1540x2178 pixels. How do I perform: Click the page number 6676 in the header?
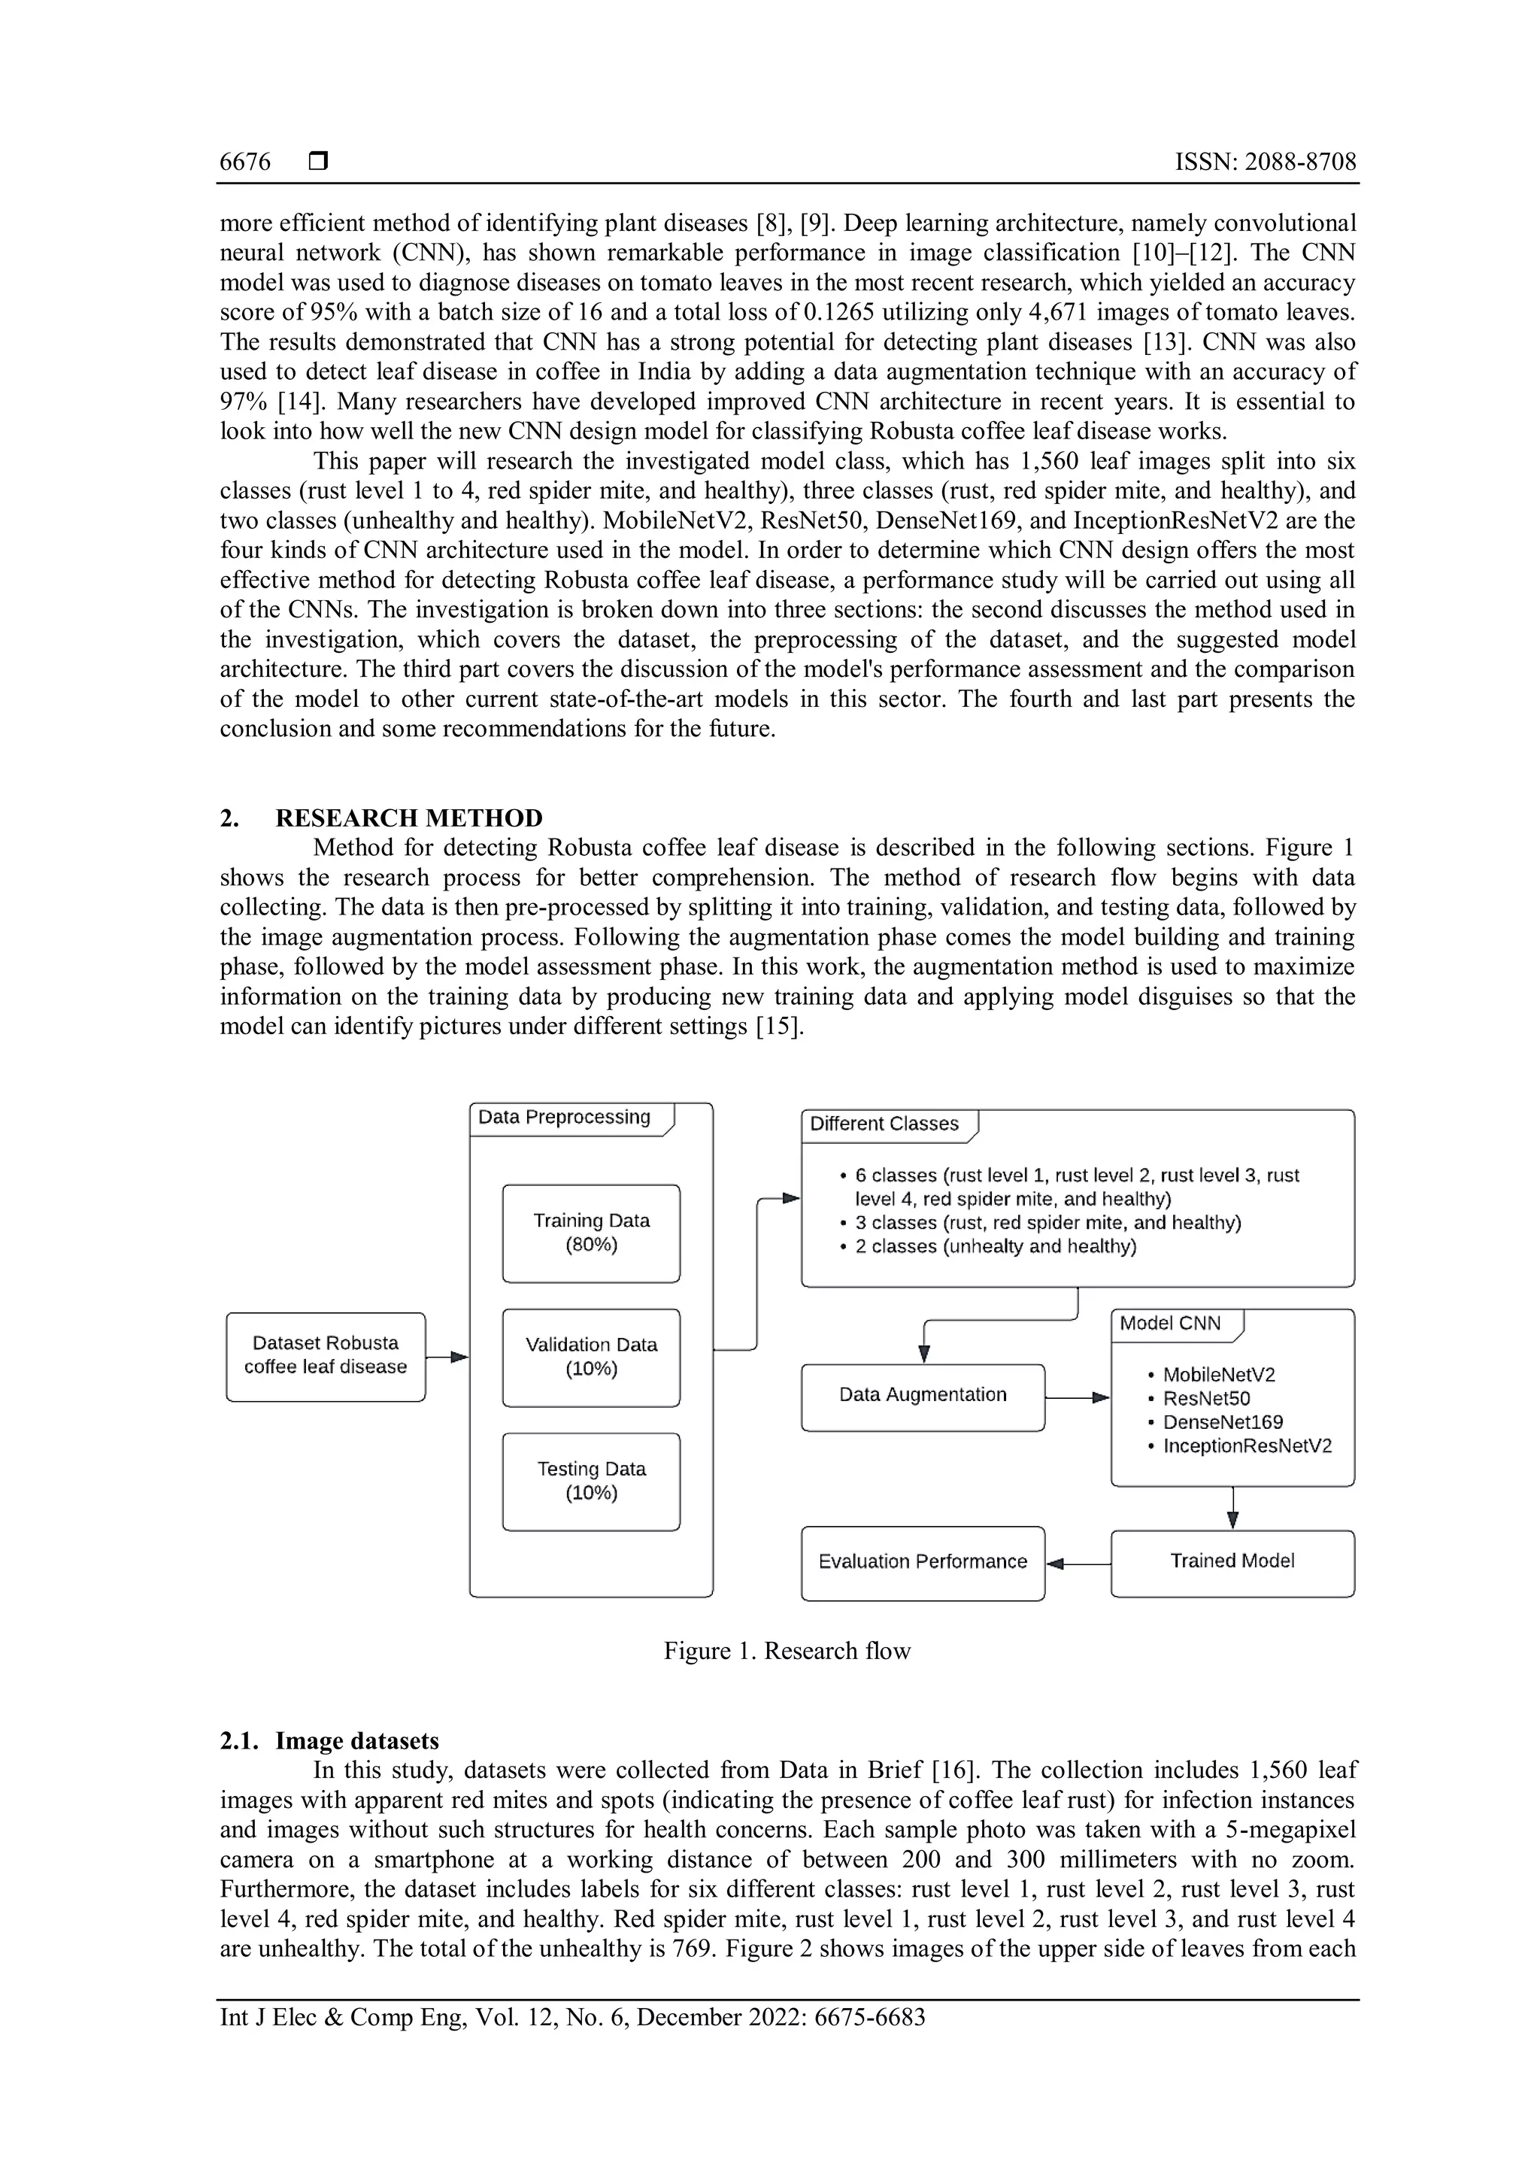click(244, 162)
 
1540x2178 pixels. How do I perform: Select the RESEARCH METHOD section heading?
click(409, 818)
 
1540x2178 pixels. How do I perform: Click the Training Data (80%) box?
click(591, 1232)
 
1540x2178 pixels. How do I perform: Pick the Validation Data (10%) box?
click(591, 1357)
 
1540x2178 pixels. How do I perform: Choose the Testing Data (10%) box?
click(591, 1481)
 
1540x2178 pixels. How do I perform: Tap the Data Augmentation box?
click(923, 1395)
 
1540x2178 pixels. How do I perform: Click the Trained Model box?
click(1232, 1561)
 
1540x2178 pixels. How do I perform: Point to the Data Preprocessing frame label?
click(565, 1118)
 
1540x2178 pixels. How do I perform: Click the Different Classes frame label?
click(885, 1124)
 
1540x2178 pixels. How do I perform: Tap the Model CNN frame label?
click(1171, 1324)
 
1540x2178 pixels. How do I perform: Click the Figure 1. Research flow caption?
click(787, 1652)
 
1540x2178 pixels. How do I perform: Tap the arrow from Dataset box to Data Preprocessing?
click(447, 1357)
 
